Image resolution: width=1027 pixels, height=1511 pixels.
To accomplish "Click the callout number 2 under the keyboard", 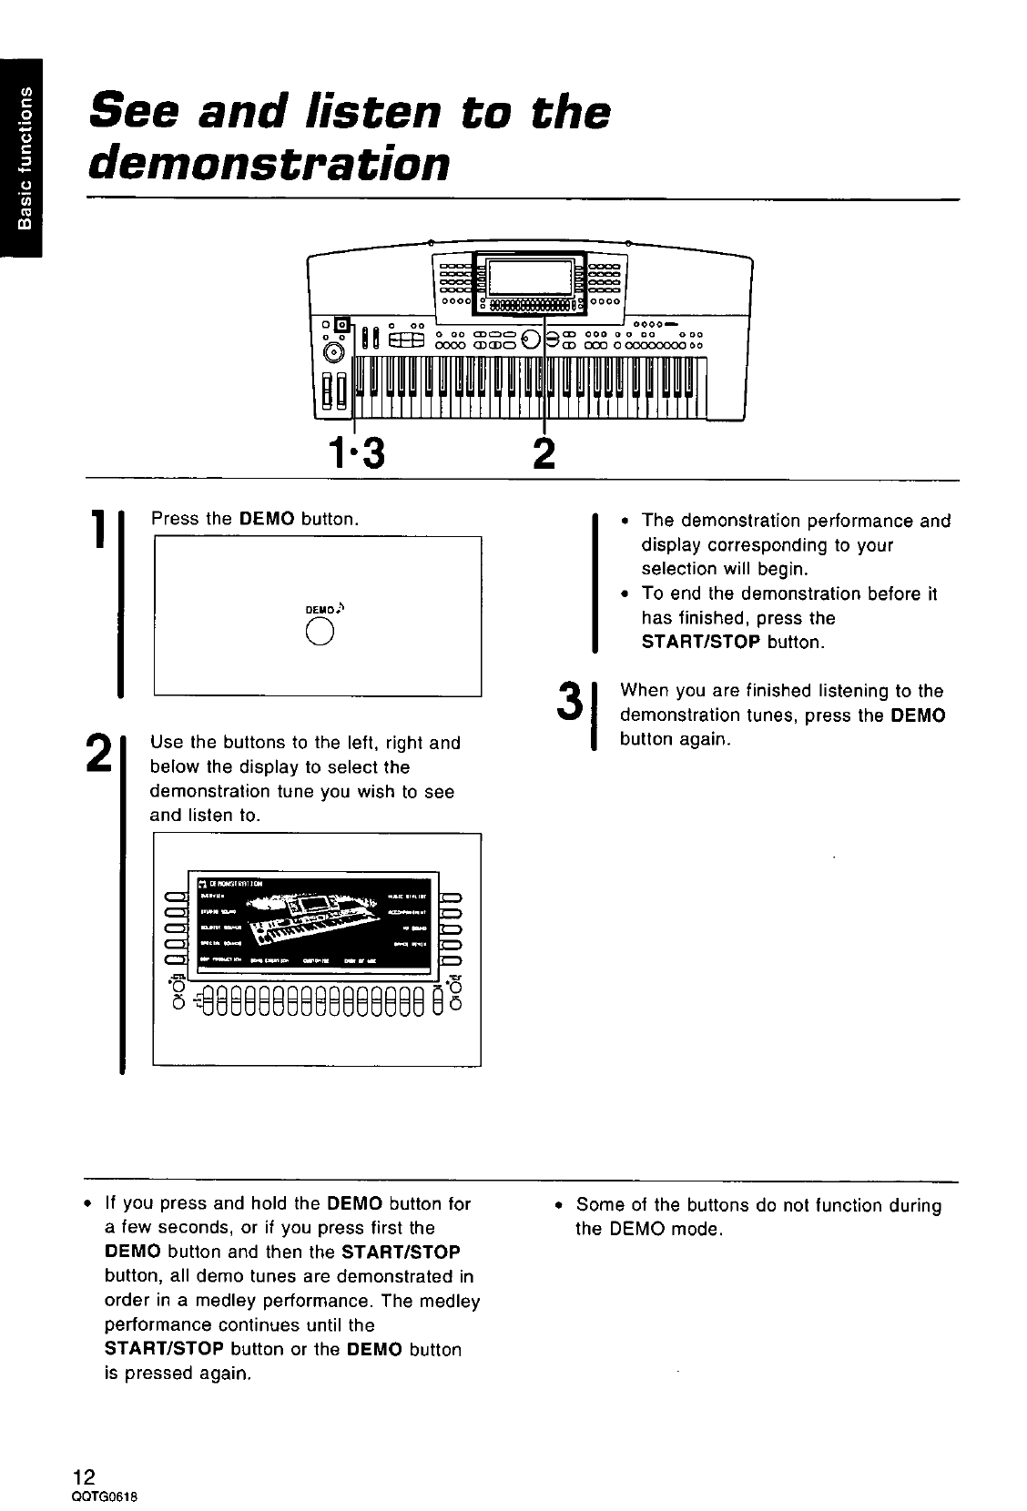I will pyautogui.click(x=544, y=451).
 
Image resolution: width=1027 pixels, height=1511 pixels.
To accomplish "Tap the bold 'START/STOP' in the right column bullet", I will pyautogui.click(x=701, y=642).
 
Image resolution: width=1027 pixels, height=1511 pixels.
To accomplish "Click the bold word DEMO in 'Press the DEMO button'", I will pyautogui.click(x=267, y=520).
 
